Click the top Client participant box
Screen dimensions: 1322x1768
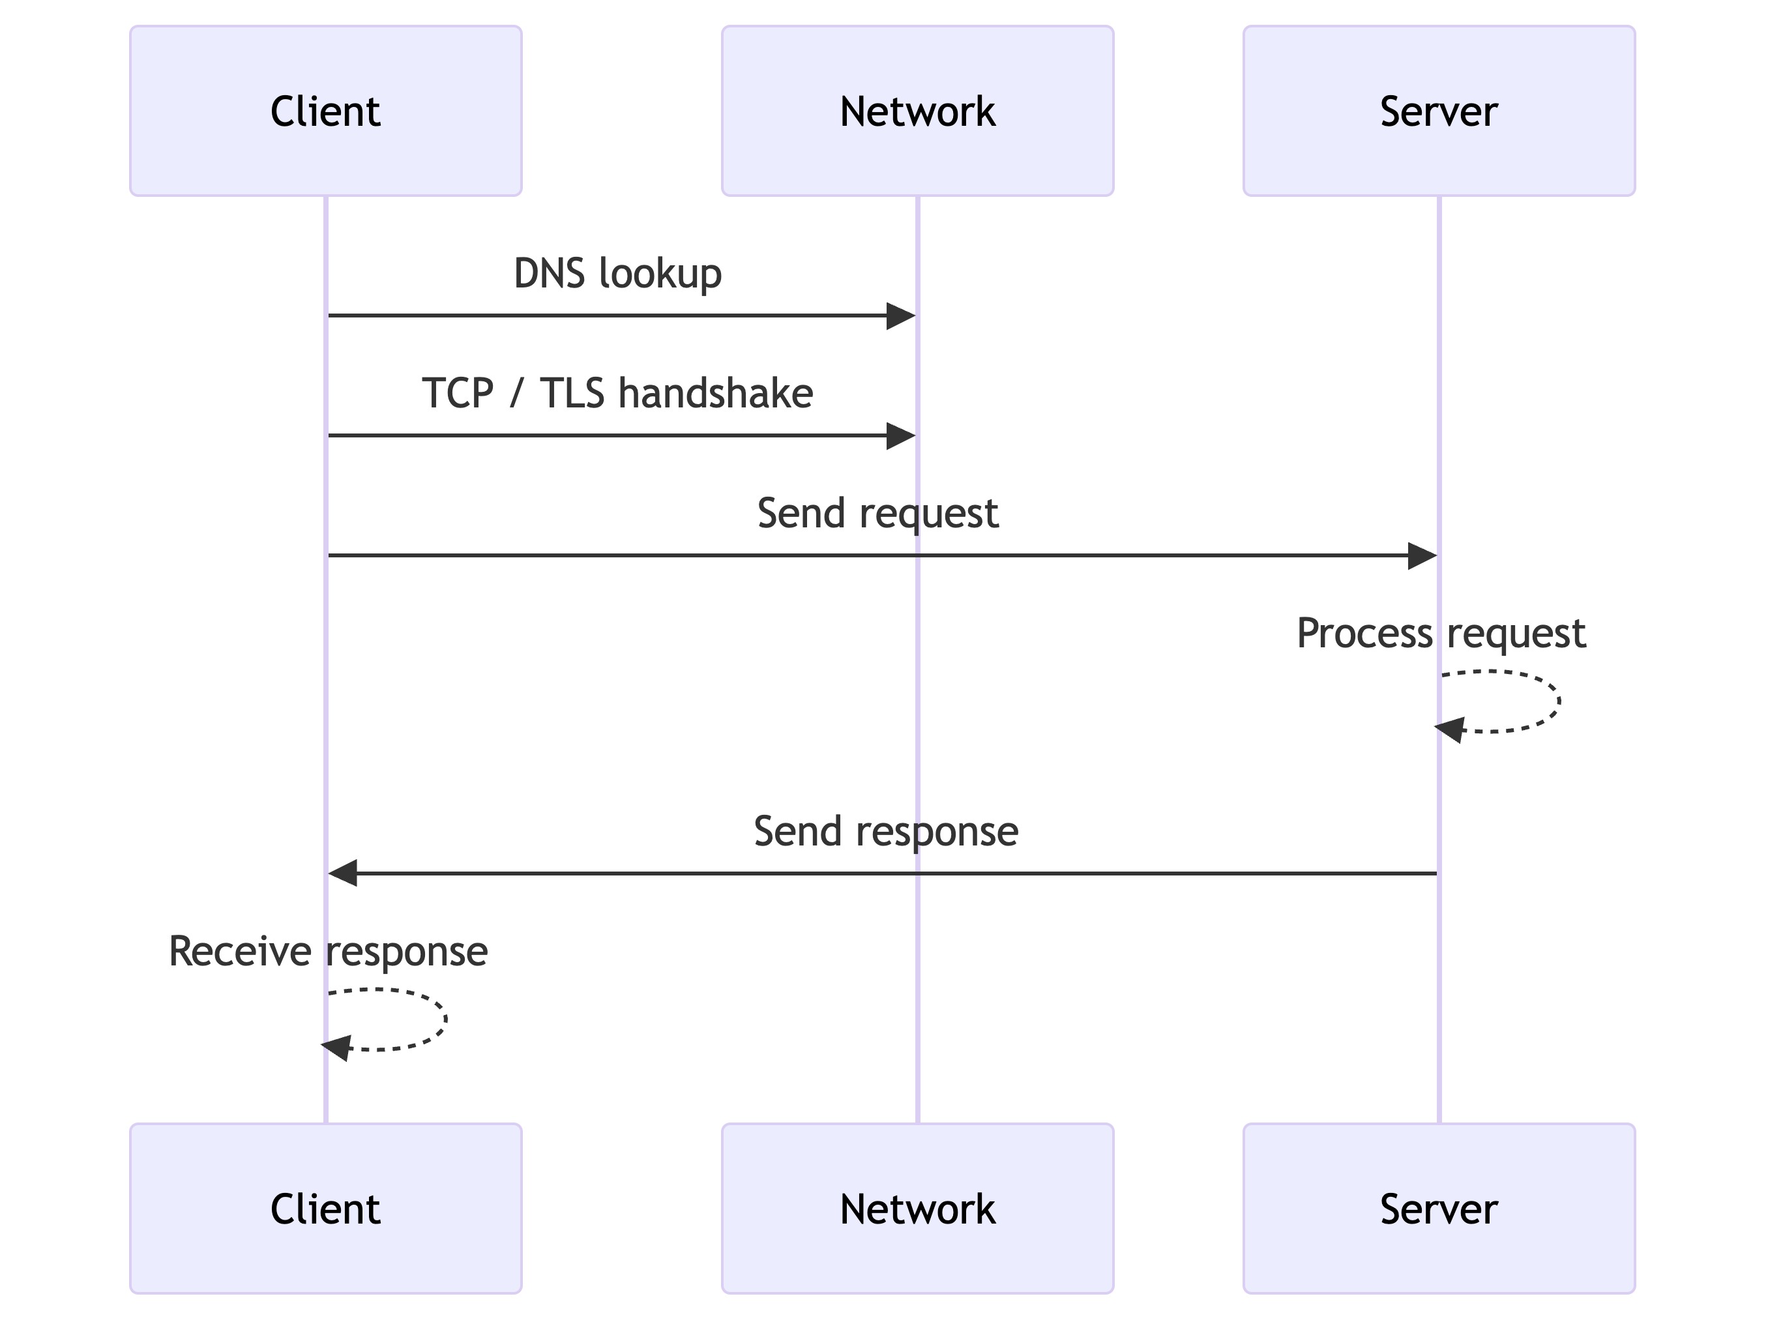click(x=325, y=111)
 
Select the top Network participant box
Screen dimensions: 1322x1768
click(x=917, y=111)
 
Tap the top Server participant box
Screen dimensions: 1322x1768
click(x=1438, y=111)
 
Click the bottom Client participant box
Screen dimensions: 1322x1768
click(x=325, y=1208)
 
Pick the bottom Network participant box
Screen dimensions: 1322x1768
click(x=917, y=1208)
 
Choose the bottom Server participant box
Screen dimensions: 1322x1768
click(x=1438, y=1208)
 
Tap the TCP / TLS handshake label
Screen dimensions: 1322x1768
click(x=617, y=393)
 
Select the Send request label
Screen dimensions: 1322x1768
click(x=877, y=513)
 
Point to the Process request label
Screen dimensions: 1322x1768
click(x=1440, y=633)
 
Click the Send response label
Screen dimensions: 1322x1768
click(x=885, y=831)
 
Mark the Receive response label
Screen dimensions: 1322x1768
click(x=328, y=951)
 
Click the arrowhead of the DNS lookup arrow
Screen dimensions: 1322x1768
click(x=901, y=316)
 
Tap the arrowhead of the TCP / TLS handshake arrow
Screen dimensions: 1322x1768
click(x=901, y=435)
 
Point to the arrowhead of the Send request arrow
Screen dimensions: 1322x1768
click(x=1422, y=555)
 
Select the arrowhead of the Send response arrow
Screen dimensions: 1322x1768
click(x=343, y=873)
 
